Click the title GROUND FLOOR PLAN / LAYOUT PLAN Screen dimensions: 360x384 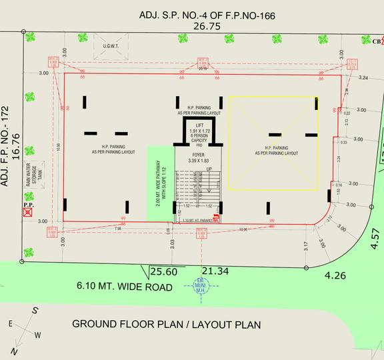(166, 325)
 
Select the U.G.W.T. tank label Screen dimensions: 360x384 (110, 46)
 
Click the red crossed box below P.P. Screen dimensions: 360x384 (28, 213)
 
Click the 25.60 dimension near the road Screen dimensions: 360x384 (164, 272)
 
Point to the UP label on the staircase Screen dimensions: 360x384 (211, 170)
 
